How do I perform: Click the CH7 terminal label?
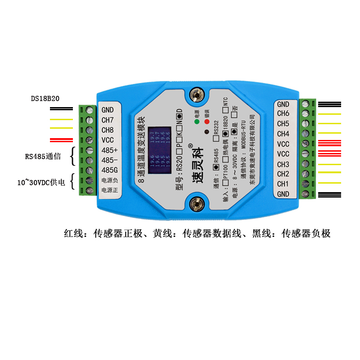point(108,120)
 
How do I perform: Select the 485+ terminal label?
point(108,150)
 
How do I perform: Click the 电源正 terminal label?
point(109,190)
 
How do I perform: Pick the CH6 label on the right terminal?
point(283,114)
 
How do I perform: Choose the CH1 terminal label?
point(283,184)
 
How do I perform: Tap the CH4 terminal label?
point(283,134)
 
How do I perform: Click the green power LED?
point(197,121)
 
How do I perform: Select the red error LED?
point(207,121)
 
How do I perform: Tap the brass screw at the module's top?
point(196,95)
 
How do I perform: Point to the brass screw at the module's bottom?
point(196,203)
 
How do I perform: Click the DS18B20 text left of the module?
point(45,98)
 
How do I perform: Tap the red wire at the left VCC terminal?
point(62,139)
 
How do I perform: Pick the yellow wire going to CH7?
point(62,120)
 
